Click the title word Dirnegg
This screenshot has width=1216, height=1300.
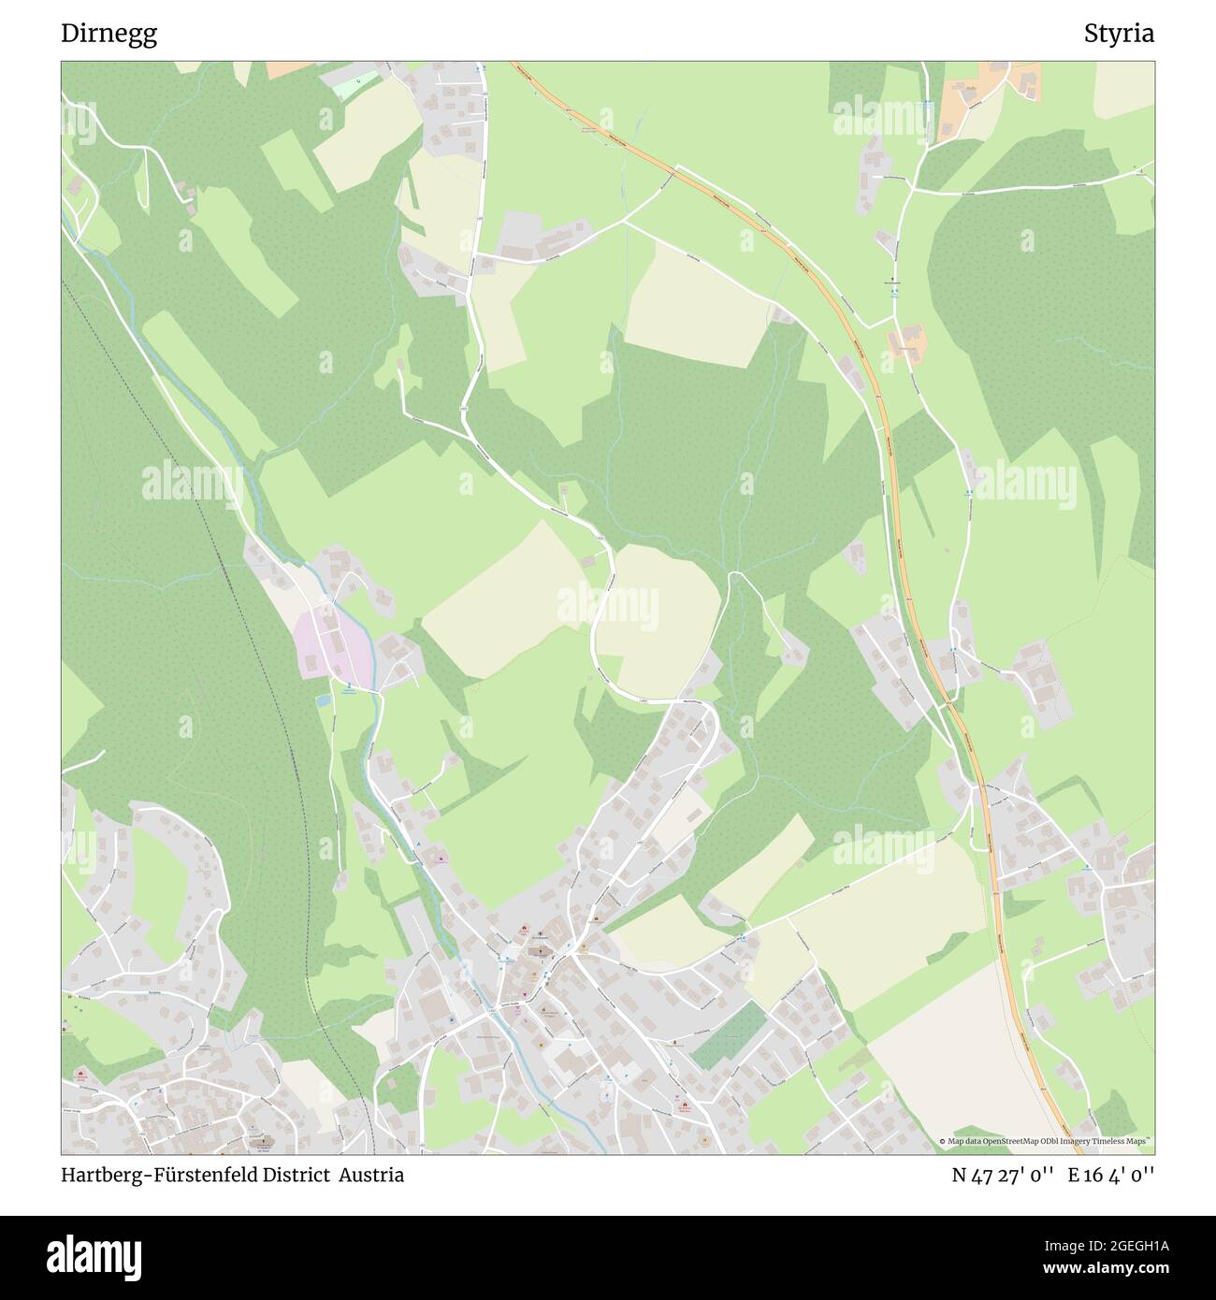[x=109, y=34]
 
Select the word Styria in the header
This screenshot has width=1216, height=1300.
[x=1119, y=34]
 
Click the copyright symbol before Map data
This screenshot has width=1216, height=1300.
[x=943, y=1141]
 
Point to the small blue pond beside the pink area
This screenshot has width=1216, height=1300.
[x=323, y=700]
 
